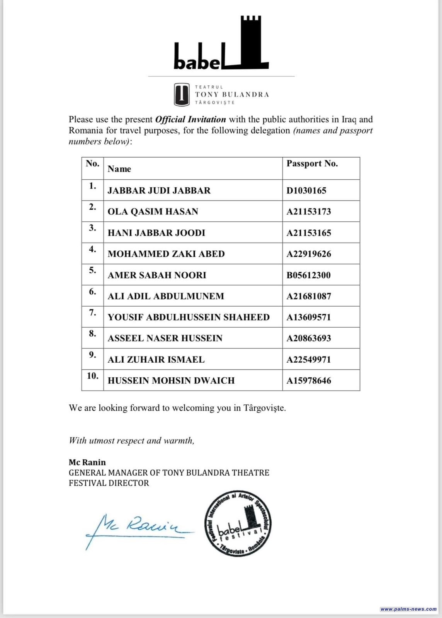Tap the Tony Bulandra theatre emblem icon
[x=181, y=95]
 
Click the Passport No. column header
[x=312, y=164]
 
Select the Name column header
[x=119, y=169]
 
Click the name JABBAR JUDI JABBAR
[x=159, y=190]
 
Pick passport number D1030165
[x=306, y=190]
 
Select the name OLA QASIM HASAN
[x=153, y=212]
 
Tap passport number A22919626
[x=308, y=254]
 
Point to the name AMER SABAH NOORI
[x=156, y=275]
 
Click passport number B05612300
[x=308, y=275]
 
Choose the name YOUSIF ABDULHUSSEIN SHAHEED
[x=188, y=317]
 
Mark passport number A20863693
[x=308, y=338]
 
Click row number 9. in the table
[x=92, y=355]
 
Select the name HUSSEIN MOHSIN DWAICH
[x=171, y=380]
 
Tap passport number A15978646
[x=308, y=380]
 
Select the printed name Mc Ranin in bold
[x=87, y=462]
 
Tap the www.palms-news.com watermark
[x=408, y=609]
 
